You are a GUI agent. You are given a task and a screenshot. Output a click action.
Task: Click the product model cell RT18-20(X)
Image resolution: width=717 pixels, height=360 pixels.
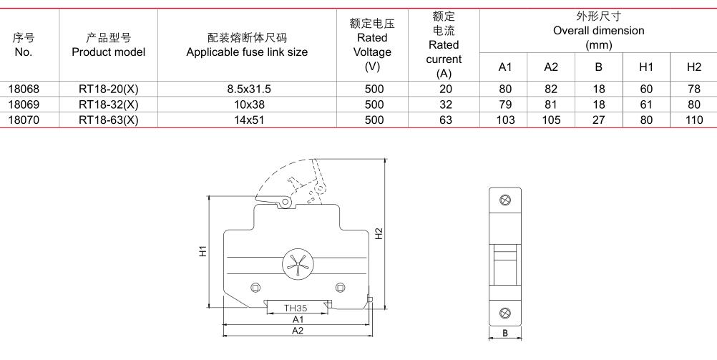[108, 89]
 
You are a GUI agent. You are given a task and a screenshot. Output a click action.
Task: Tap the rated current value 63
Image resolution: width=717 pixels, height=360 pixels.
[445, 120]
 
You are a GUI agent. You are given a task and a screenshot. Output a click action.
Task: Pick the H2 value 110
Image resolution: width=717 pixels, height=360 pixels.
[693, 120]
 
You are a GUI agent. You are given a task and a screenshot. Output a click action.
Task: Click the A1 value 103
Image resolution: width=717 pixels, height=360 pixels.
[505, 120]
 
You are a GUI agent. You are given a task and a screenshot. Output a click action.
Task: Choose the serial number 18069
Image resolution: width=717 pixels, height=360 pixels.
[24, 104]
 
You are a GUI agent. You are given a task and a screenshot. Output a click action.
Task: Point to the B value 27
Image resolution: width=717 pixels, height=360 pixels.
[598, 120]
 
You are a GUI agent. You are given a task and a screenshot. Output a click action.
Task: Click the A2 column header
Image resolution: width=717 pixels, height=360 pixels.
[551, 67]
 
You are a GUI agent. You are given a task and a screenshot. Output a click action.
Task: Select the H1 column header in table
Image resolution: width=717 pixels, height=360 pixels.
[646, 67]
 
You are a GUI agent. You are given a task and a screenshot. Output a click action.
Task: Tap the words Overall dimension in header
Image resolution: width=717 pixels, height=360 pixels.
[598, 31]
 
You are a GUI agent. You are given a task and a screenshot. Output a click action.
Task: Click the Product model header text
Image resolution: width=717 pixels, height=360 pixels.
[108, 52]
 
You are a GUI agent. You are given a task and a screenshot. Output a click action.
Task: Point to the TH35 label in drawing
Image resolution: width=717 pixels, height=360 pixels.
[296, 308]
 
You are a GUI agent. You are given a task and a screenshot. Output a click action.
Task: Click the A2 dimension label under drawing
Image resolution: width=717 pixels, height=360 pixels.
[298, 331]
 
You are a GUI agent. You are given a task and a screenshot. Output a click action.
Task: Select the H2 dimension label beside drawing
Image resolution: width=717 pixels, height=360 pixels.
[379, 234]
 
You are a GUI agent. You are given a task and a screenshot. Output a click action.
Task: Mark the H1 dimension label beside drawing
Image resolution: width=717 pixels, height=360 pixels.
[203, 251]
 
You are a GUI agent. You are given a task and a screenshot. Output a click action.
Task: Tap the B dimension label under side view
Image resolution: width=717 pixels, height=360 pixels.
[505, 334]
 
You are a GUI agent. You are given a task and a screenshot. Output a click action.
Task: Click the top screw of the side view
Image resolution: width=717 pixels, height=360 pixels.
[505, 200]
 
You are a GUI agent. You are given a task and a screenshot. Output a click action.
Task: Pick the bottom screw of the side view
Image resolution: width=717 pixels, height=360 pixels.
[505, 313]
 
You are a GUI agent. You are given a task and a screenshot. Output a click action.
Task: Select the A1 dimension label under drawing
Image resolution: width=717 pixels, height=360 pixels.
[298, 319]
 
